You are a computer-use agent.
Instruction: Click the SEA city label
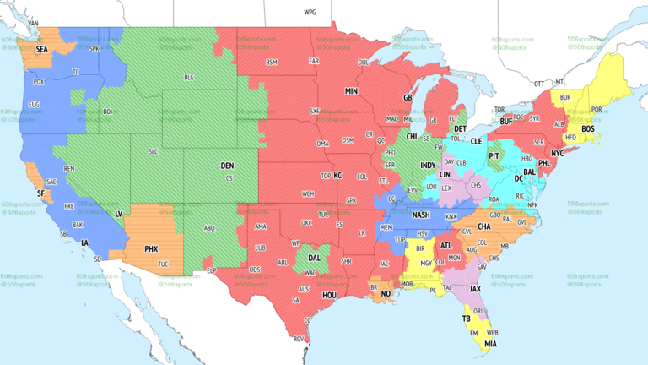point(41,49)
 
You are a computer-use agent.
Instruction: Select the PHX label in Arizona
point(151,249)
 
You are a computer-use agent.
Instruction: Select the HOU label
point(329,296)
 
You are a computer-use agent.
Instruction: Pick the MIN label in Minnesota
point(351,90)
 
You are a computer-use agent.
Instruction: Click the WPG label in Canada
point(310,13)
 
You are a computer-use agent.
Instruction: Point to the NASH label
point(422,215)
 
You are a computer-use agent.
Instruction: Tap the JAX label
point(476,288)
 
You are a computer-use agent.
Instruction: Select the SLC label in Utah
point(153,151)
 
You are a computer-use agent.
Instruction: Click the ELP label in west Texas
point(211,270)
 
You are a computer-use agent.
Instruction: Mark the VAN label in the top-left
point(34,23)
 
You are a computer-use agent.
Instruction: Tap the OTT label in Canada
point(538,83)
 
